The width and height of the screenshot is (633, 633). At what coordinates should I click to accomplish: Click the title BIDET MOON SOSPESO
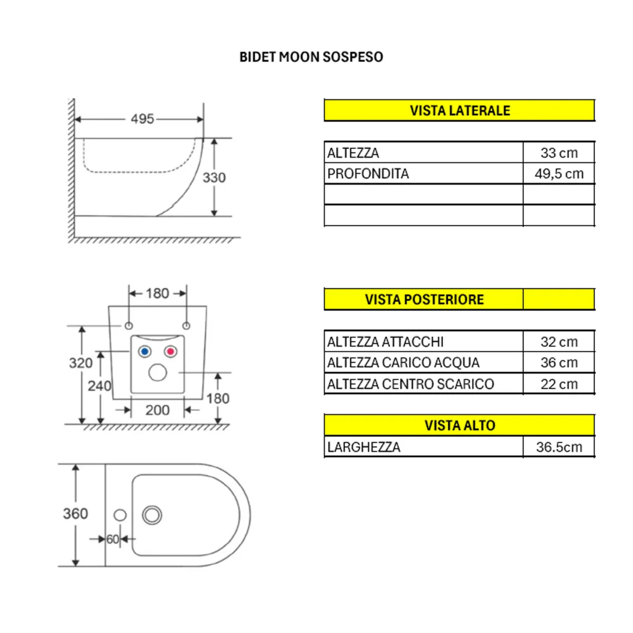coord(311,57)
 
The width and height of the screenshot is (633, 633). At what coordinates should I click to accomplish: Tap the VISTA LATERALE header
coord(459,111)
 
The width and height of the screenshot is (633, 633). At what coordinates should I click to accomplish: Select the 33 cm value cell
coord(559,153)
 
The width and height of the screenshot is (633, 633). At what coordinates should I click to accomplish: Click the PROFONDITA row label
coord(368,174)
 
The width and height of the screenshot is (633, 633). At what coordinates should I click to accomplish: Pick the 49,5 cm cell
coord(559,174)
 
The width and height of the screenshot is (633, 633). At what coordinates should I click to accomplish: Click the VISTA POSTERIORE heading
coord(424,300)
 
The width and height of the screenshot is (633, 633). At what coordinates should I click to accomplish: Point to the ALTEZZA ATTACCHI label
coord(385,342)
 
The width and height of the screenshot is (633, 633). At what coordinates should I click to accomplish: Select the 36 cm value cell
coord(559,363)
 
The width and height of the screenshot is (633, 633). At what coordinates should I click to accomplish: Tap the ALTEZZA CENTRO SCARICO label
coord(410,384)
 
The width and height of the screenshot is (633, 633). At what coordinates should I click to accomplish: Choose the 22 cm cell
coord(559,384)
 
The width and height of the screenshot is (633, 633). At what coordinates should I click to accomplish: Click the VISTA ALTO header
coord(459,426)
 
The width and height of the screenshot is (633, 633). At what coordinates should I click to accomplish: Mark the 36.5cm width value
coord(559,447)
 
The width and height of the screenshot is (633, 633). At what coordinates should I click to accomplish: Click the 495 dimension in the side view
coord(142,119)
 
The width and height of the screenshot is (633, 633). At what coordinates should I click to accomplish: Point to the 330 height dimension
coord(214,178)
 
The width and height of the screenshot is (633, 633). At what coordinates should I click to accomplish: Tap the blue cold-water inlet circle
coord(145,352)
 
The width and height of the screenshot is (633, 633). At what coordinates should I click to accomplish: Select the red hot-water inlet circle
coord(170,352)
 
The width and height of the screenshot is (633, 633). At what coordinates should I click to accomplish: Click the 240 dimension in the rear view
coord(100,386)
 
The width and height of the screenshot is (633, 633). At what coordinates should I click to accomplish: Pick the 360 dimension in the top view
coord(75,514)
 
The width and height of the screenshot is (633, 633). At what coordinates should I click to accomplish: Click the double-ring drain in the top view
coord(152,515)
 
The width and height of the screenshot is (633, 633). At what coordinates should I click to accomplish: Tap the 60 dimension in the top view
coord(113,540)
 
